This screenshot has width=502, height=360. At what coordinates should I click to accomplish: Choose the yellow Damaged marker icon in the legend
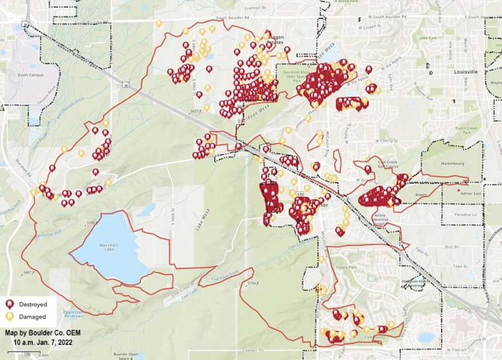point(10,317)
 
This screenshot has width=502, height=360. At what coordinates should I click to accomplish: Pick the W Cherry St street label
point(386,141)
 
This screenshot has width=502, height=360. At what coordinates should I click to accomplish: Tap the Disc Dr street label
point(452,246)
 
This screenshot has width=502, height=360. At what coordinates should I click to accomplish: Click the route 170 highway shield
point(301,194)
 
